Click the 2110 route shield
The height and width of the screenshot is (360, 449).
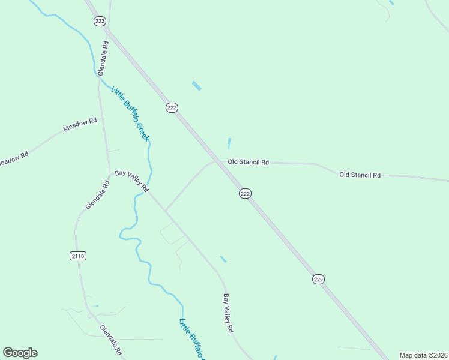(78, 256)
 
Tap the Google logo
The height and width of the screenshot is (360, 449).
(20, 353)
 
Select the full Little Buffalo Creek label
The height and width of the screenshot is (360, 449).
(130, 114)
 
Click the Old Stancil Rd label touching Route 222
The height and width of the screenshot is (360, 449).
(248, 162)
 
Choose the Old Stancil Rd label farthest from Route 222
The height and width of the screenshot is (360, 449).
(360, 175)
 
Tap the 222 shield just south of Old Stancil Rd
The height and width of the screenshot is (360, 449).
(245, 193)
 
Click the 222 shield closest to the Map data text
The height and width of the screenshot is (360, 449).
(318, 280)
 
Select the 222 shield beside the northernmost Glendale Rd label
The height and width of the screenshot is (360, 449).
(100, 21)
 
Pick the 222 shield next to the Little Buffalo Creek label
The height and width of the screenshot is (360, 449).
(172, 107)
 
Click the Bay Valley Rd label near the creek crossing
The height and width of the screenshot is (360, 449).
(132, 180)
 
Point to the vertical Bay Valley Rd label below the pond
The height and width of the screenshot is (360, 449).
(228, 313)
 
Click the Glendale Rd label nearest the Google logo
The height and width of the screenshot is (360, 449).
(111, 340)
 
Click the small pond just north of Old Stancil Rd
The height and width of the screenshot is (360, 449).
(229, 143)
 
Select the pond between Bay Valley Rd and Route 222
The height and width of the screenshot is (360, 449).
(223, 259)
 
